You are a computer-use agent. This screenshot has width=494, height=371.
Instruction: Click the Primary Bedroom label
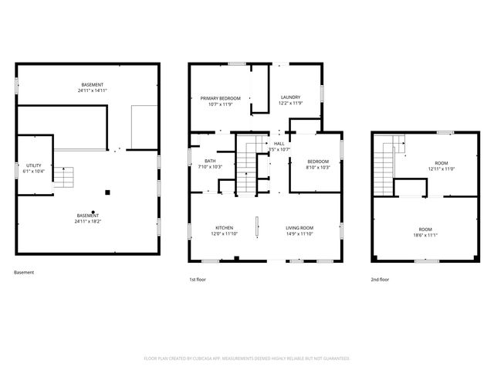[x=221, y=98]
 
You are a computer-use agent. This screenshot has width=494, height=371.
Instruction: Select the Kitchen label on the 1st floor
[x=224, y=227]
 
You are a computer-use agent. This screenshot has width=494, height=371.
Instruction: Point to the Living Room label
[x=299, y=227]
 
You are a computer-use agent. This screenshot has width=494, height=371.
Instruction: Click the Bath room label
[x=210, y=161]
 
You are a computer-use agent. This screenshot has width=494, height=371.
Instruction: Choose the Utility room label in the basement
[x=33, y=165]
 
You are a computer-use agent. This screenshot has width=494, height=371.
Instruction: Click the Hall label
[x=279, y=144]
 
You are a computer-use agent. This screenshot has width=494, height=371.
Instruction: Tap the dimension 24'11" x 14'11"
[x=93, y=90]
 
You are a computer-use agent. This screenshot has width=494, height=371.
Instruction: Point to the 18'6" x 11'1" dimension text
[x=425, y=235]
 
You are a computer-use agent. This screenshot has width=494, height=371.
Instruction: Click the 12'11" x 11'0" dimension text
[x=441, y=168]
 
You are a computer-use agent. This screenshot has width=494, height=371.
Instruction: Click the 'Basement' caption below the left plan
[x=24, y=273]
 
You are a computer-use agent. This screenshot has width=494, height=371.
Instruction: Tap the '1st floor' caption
[x=198, y=279]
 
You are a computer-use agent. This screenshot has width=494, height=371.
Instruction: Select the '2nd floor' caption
[x=379, y=279]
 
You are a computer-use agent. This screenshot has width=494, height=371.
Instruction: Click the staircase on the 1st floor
[x=246, y=165]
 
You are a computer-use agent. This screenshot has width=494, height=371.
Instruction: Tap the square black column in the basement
[x=108, y=192]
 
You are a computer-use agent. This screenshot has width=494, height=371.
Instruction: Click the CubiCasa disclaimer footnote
[x=247, y=358]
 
